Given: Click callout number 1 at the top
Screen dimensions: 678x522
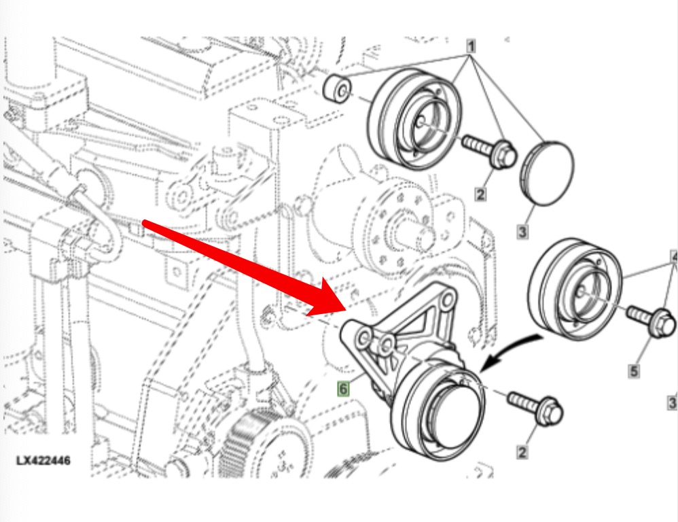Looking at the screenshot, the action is pyautogui.click(x=471, y=46).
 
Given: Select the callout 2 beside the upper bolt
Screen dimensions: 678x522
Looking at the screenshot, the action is pyautogui.click(x=480, y=194).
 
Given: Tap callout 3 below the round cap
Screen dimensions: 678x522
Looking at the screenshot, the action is pyautogui.click(x=522, y=232).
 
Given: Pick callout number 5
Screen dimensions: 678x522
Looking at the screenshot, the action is pyautogui.click(x=633, y=371).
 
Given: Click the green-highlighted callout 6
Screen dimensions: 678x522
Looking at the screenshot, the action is pyautogui.click(x=343, y=388).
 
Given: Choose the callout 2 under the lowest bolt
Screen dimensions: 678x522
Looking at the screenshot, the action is pyautogui.click(x=522, y=453).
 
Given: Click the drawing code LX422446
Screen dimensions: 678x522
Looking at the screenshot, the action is pyautogui.click(x=43, y=460).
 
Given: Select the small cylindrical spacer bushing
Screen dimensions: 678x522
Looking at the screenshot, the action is pyautogui.click(x=337, y=90).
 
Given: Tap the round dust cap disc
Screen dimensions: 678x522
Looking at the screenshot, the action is pyautogui.click(x=547, y=172).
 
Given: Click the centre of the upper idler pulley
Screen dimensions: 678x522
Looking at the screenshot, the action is pyautogui.click(x=419, y=122).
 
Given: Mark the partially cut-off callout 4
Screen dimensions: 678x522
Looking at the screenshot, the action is pyautogui.click(x=674, y=257).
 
